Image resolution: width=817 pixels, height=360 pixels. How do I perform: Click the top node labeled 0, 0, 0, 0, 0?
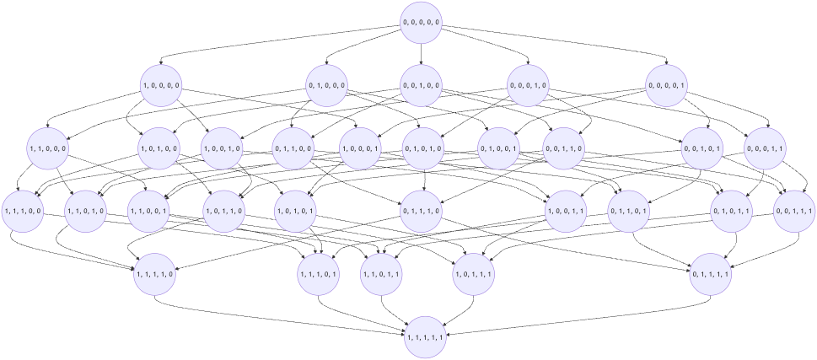click(x=422, y=22)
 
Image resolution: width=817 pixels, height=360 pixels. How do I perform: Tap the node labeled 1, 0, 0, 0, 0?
click(x=161, y=85)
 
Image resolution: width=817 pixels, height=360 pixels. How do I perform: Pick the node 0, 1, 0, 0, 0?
click(x=327, y=85)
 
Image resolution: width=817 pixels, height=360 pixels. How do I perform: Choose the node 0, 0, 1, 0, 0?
click(x=422, y=85)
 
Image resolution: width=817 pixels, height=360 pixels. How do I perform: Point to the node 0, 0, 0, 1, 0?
click(x=529, y=85)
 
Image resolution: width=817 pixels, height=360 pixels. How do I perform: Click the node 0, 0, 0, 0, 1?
click(x=667, y=85)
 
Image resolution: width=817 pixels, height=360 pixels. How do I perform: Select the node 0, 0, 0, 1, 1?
click(x=765, y=148)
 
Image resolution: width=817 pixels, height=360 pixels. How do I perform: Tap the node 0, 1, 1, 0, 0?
click(x=293, y=148)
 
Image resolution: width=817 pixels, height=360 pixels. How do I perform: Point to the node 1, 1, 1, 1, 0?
click(x=155, y=272)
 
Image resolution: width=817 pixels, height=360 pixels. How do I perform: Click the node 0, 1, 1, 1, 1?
click(x=710, y=272)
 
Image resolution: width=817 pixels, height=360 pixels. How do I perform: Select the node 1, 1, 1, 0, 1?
click(x=319, y=272)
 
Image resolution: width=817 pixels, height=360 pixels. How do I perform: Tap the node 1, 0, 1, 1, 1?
click(x=473, y=272)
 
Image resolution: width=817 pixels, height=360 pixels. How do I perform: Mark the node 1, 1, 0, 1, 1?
click(x=381, y=272)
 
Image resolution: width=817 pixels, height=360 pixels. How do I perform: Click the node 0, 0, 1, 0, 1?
click(x=701, y=148)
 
